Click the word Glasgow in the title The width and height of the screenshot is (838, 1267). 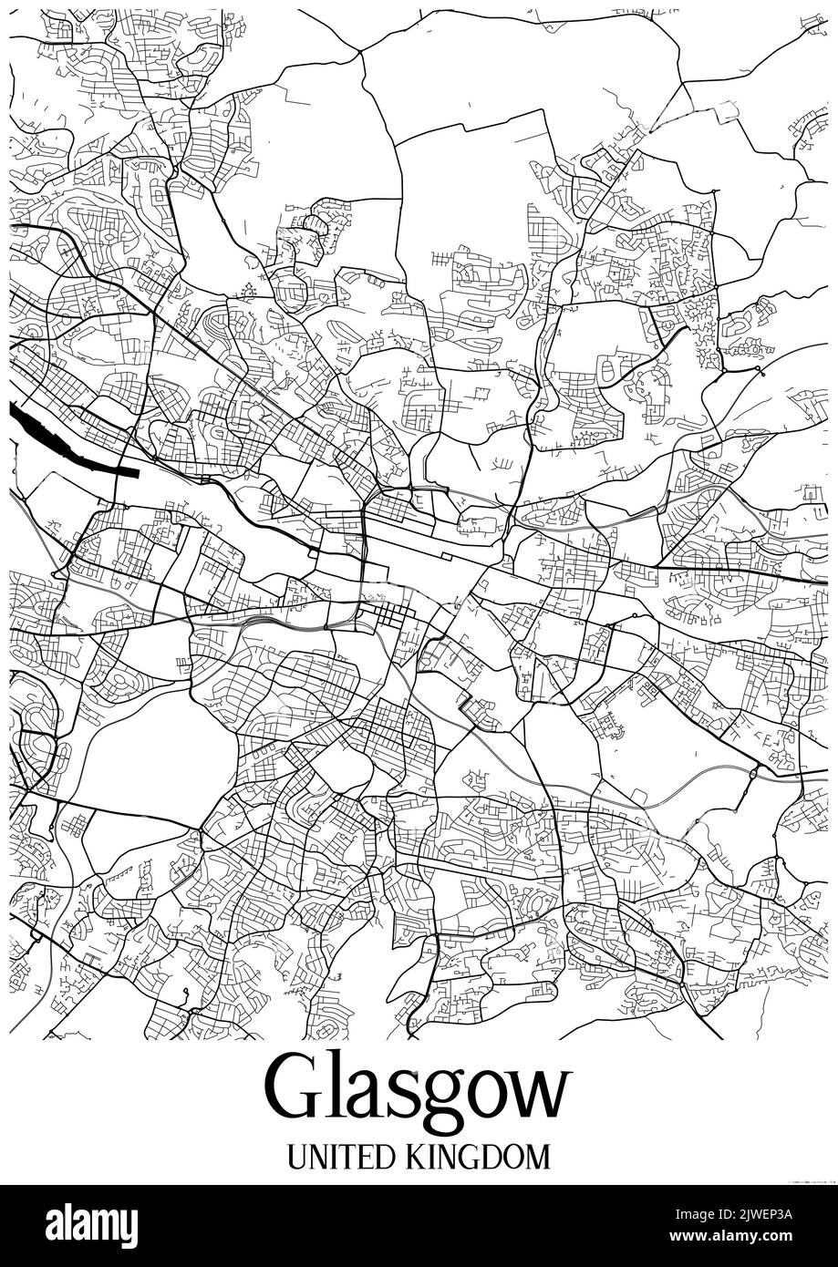click(419, 1090)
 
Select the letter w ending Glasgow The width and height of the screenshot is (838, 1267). click(539, 1096)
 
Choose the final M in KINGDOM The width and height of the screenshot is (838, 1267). click(539, 1157)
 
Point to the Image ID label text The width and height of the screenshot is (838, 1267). click(693, 1215)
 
